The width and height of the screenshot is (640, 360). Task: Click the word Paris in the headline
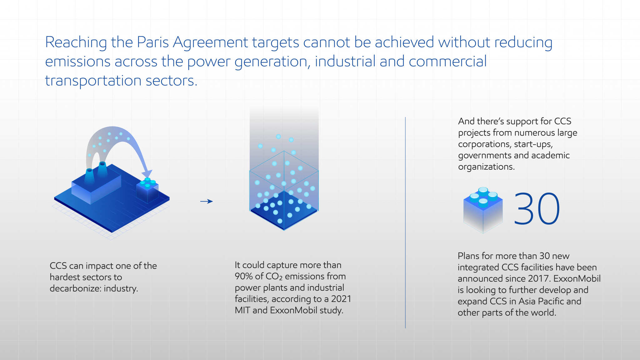[x=153, y=42]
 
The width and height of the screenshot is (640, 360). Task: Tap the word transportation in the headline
[x=93, y=81]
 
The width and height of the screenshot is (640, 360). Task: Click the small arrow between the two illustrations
[x=206, y=201]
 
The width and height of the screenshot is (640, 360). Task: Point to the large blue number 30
[x=537, y=209]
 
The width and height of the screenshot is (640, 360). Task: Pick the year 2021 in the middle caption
[x=341, y=299]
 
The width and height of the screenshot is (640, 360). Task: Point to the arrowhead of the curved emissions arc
[x=147, y=173]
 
